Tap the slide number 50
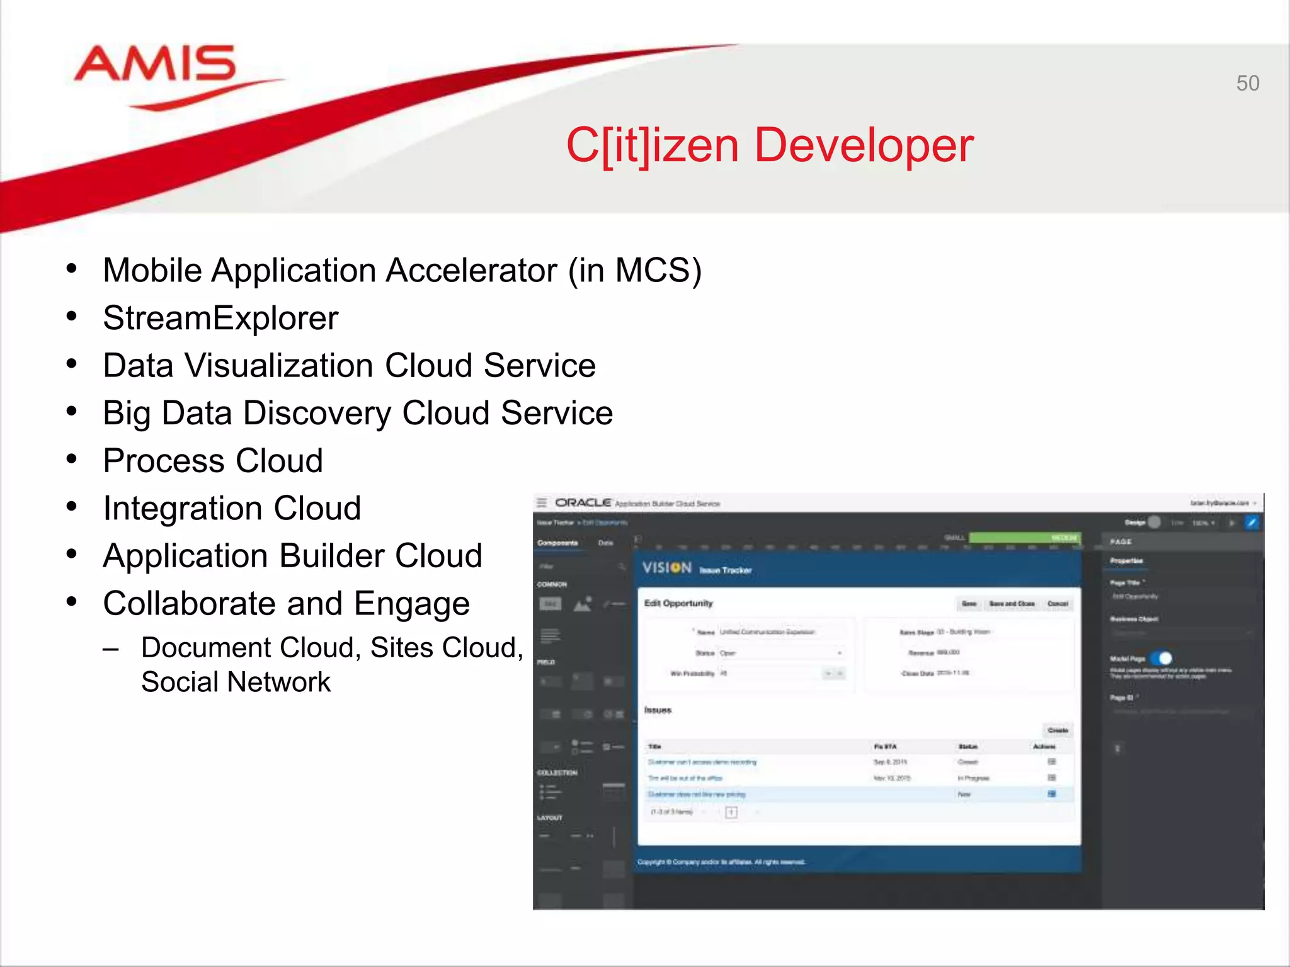tap(1247, 83)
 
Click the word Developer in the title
tap(864, 145)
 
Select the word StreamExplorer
tap(220, 318)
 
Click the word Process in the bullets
tap(164, 461)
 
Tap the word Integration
tap(183, 509)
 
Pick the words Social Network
tap(236, 682)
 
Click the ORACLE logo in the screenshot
tap(583, 502)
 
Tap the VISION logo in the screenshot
tap(666, 568)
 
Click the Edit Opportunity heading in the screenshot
tap(678, 603)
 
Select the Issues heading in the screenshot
tap(658, 710)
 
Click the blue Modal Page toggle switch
tap(1161, 659)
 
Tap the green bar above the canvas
tap(1024, 538)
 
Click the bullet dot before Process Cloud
tap(72, 460)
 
